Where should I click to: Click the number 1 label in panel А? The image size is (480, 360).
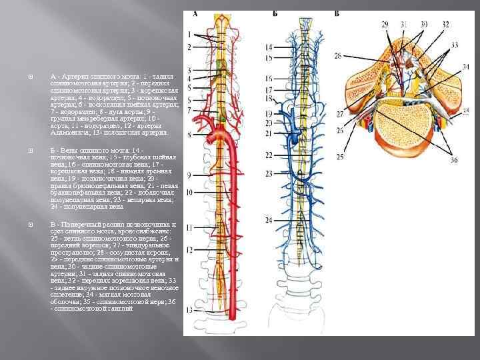(x=189, y=35)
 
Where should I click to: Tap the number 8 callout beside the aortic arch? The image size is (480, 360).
(x=189, y=134)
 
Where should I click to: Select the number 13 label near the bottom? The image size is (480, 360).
(x=190, y=311)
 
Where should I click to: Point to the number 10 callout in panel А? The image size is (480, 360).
(x=189, y=192)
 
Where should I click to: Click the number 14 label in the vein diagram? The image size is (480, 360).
(x=269, y=47)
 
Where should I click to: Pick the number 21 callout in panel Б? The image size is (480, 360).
(x=269, y=133)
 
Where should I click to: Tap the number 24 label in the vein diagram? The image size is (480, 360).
(x=269, y=220)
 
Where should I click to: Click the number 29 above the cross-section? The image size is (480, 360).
(x=385, y=25)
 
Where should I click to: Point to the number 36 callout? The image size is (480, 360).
(x=454, y=160)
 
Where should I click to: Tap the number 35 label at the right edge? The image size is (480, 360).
(x=466, y=111)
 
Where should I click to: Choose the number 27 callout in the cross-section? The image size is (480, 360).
(x=340, y=115)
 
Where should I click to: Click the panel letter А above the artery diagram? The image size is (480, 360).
(x=195, y=13)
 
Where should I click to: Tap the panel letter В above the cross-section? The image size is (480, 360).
(x=336, y=13)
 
